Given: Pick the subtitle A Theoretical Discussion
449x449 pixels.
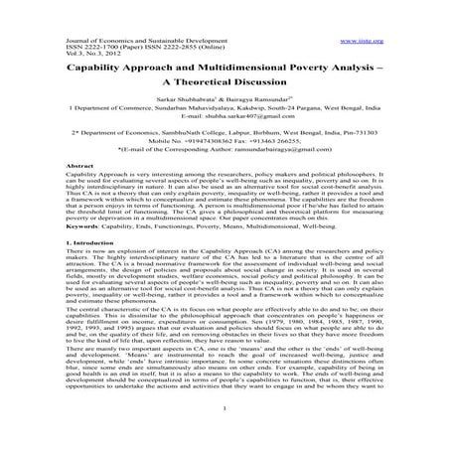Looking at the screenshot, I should coord(224,70).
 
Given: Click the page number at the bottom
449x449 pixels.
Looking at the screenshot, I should coord(224,436).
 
